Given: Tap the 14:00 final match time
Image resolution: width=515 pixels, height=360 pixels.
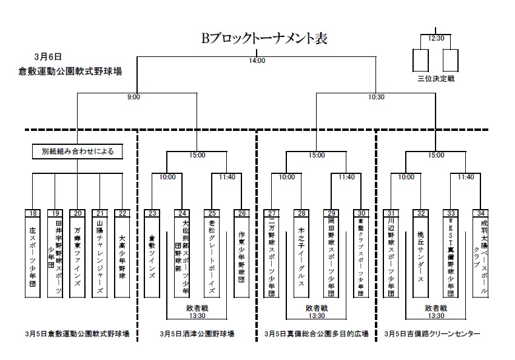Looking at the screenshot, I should (257, 61).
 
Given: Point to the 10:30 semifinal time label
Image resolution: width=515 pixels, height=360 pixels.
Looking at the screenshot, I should (376, 97).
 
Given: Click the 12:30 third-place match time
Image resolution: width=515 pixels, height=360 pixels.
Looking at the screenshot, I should (436, 38).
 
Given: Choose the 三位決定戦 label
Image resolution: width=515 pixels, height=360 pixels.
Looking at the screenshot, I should (436, 79).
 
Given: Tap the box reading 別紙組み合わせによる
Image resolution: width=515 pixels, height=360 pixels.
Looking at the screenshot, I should (78, 151).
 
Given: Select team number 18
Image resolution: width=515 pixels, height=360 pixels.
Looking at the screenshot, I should (33, 213).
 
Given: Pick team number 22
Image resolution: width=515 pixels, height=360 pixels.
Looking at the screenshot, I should (122, 213).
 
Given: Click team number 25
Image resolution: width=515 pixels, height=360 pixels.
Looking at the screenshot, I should (212, 213).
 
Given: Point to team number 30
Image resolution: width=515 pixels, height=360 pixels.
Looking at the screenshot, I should (360, 213).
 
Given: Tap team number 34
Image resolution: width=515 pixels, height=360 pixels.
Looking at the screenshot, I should (480, 213).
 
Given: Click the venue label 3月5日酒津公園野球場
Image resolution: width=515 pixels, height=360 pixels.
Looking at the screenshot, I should (197, 334).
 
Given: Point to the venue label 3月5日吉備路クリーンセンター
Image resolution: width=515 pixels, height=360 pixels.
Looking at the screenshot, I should (432, 334).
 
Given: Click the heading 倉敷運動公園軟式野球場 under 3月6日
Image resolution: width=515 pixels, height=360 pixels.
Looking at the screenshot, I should (70, 71).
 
